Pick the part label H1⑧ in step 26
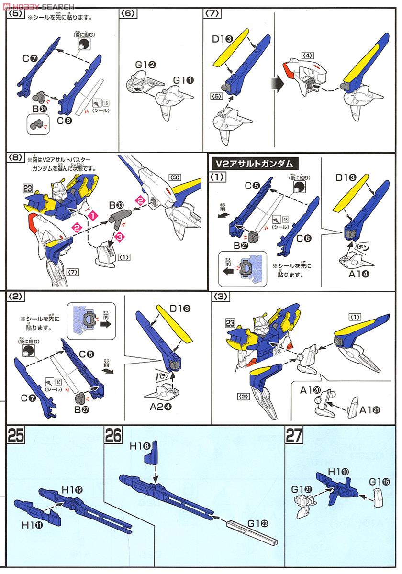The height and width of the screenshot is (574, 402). coord(140,445)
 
